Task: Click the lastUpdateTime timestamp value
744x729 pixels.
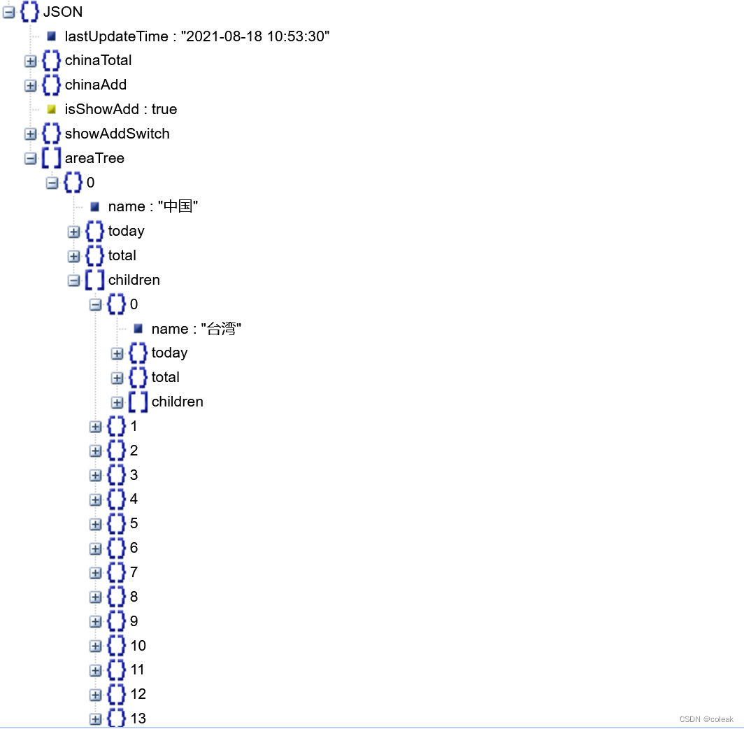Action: (x=255, y=36)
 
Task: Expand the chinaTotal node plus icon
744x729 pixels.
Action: (x=30, y=61)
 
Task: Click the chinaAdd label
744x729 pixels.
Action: (x=96, y=85)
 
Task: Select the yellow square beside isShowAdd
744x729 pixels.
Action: (x=51, y=109)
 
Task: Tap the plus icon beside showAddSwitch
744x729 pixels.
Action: (x=30, y=134)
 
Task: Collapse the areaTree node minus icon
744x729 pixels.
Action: (x=30, y=158)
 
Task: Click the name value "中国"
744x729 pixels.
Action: (x=178, y=206)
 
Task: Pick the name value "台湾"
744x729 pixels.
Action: (x=222, y=329)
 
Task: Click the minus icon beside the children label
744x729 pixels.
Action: (x=73, y=280)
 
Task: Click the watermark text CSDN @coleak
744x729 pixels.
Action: (x=706, y=719)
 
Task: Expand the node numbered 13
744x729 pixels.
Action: (x=95, y=719)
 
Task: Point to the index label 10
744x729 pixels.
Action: (x=138, y=645)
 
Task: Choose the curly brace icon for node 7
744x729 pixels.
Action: (x=116, y=572)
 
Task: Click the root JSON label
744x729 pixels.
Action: (x=63, y=12)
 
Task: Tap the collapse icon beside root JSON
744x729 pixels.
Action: (x=8, y=12)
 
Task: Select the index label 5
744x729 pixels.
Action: (x=134, y=523)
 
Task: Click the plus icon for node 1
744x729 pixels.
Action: (x=95, y=426)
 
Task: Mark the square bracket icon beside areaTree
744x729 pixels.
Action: (x=51, y=158)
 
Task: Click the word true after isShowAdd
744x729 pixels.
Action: (x=164, y=109)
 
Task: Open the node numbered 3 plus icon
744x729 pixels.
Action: (x=95, y=475)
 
